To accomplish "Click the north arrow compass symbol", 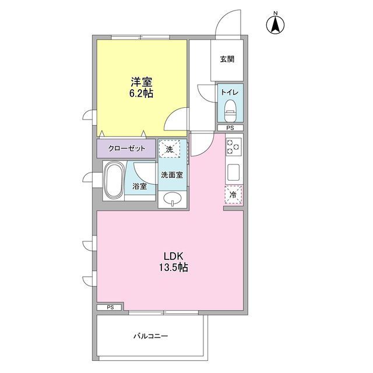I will (275, 24).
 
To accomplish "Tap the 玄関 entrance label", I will (228, 59).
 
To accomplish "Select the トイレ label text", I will (228, 93).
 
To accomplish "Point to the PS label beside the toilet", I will (230, 128).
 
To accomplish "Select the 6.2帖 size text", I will (141, 93).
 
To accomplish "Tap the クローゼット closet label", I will (126, 149).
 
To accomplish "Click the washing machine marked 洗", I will (170, 149).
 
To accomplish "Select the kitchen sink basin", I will (233, 173).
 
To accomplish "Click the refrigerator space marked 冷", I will (233, 195).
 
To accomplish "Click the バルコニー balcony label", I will (150, 336).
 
